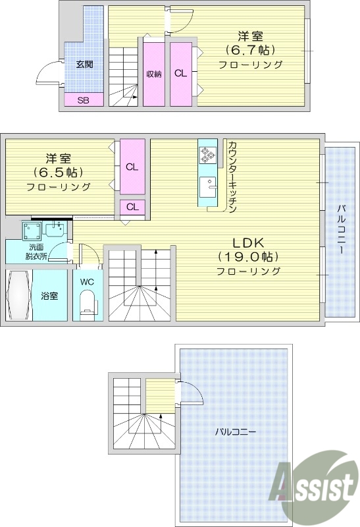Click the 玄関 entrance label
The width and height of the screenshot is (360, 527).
tap(84, 64)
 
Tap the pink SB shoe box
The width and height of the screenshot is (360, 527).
tap(84, 100)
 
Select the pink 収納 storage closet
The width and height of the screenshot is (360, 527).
tap(154, 73)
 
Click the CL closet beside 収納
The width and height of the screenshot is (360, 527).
tap(180, 73)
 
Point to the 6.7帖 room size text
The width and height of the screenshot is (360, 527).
tap(250, 49)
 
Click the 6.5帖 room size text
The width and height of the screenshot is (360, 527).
tap(59, 173)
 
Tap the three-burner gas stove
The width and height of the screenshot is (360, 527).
tap(207, 155)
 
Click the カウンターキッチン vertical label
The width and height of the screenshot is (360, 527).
tap(232, 177)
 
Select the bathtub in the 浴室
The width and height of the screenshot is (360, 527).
tap(19, 295)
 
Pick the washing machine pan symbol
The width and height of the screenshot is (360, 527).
tap(31, 231)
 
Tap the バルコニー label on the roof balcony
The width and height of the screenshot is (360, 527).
tap(235, 432)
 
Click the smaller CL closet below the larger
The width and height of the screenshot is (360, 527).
tap(132, 207)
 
